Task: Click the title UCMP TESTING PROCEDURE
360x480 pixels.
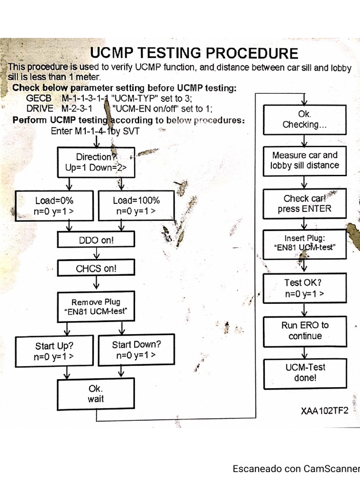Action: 194,53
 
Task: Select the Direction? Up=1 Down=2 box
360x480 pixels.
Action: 96,162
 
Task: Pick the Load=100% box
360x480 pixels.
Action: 136,206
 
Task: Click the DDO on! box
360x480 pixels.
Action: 96,240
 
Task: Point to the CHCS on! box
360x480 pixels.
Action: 96,269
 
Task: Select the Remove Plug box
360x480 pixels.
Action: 96,307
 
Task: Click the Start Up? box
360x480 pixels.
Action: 54,351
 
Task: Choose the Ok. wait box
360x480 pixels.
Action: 96,394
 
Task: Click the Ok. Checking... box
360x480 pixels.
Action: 304,120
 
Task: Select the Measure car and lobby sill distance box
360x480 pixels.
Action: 304,160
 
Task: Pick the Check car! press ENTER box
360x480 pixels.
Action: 304,204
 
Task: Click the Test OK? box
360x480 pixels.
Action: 304,288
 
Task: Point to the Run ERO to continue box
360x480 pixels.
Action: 305,330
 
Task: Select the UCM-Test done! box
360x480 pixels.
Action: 305,373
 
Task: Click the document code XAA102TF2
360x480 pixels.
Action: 325,411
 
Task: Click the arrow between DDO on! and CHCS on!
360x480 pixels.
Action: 96,254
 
